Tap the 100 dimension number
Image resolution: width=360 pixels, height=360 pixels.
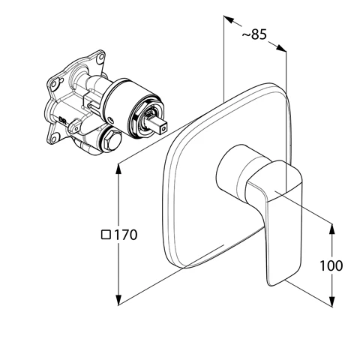[331, 265]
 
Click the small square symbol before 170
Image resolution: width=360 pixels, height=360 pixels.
[106, 234]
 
